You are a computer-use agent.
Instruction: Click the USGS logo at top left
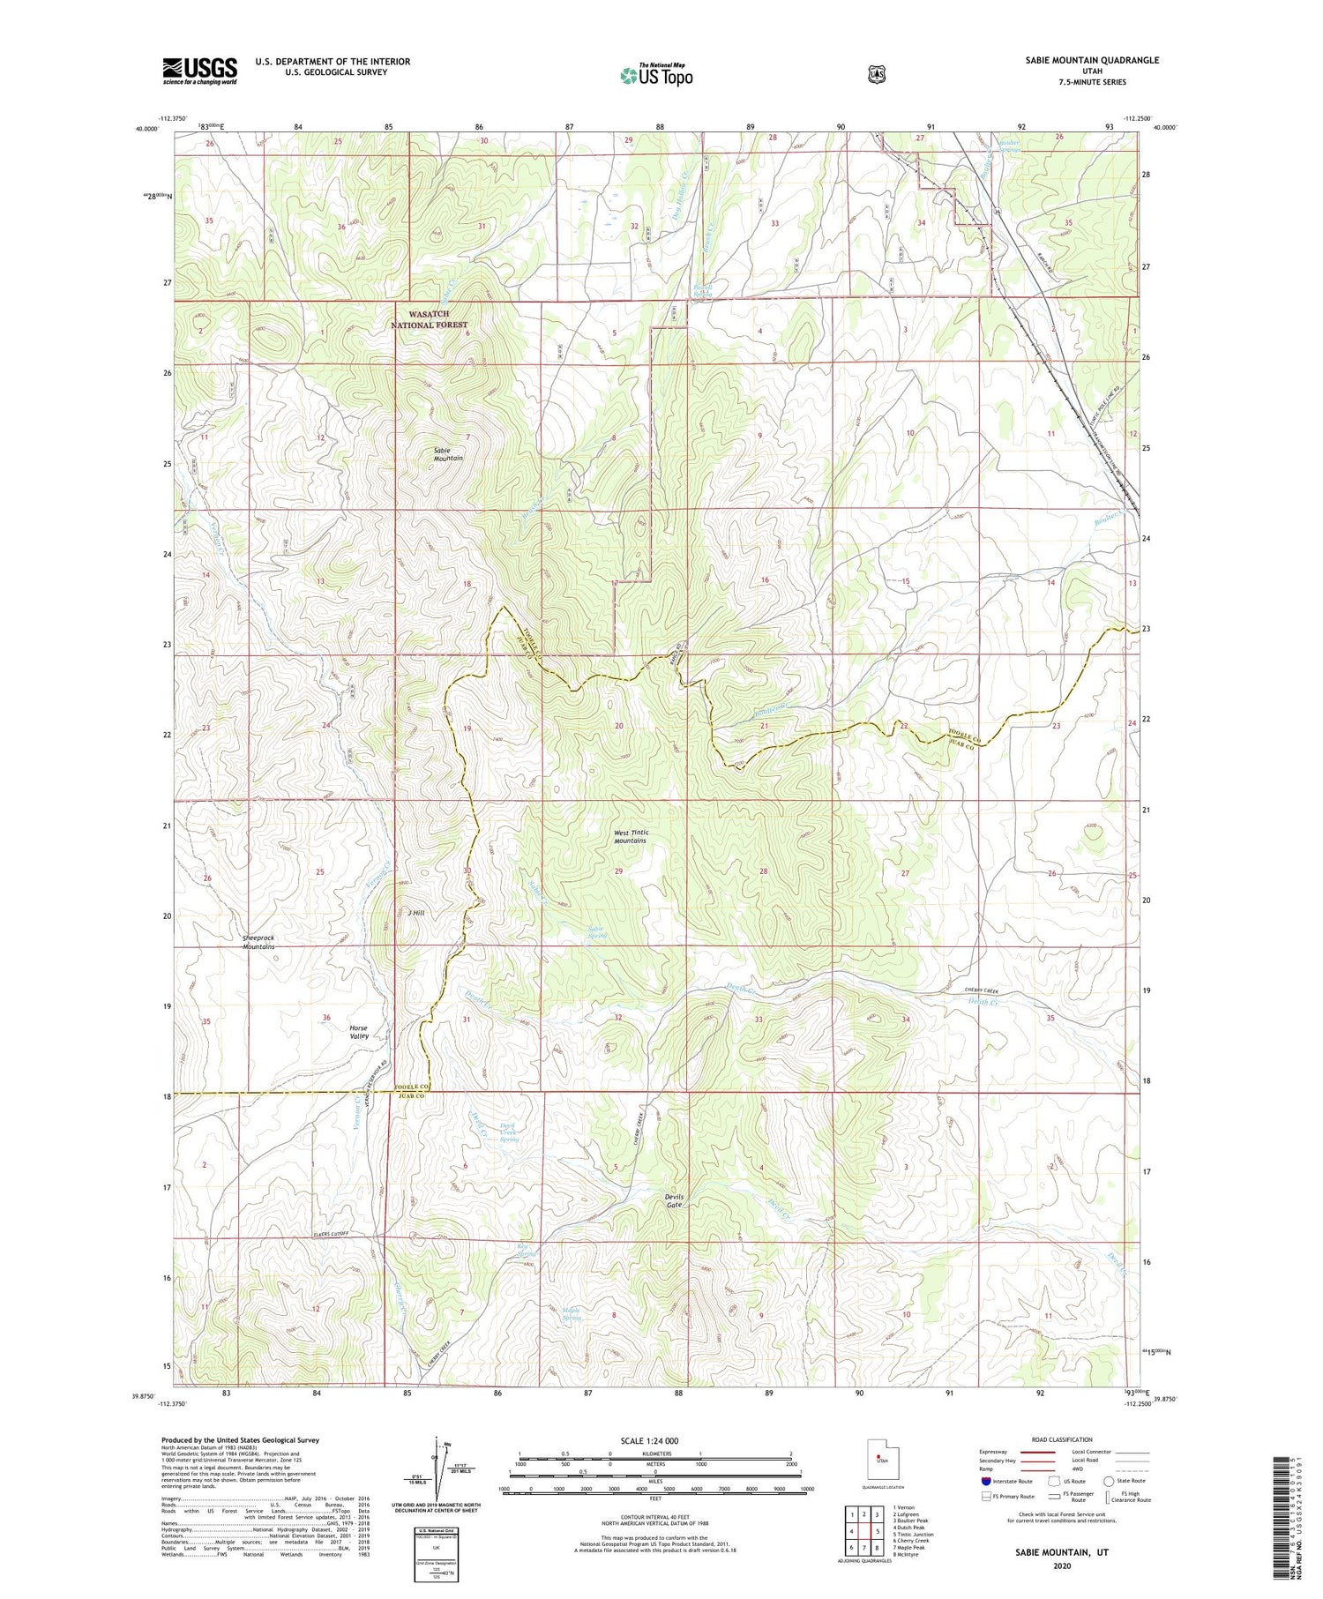tap(199, 71)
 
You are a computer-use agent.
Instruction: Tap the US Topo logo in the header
tap(656, 75)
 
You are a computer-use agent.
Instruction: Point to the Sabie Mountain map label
tap(448, 455)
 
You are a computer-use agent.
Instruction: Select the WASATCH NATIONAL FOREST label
tap(430, 319)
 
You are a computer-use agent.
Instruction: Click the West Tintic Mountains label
tap(631, 836)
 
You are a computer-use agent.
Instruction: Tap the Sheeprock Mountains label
tap(258, 942)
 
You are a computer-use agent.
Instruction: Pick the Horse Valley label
tap(358, 1032)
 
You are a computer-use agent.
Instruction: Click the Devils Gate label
tap(674, 1200)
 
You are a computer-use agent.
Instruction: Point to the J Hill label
tap(416, 913)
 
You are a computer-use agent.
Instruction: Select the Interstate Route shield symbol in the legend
tap(985, 1482)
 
